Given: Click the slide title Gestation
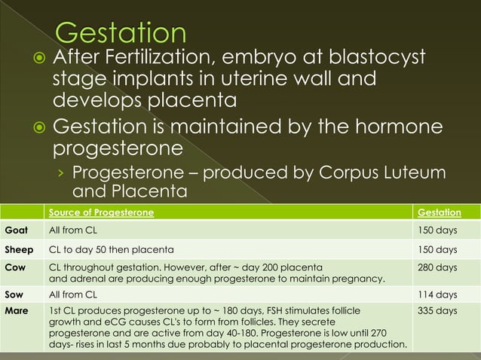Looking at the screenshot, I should [x=121, y=33].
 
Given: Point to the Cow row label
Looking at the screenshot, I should [x=15, y=267].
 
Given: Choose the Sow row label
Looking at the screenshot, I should [x=15, y=294].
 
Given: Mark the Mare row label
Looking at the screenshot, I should [x=17, y=310].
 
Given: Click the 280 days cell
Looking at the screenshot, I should [x=437, y=267].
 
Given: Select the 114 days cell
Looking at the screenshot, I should [x=437, y=294].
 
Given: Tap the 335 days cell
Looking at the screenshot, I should [x=437, y=310].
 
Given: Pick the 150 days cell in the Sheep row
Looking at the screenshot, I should [x=437, y=249].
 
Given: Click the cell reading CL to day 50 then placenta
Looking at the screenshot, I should [x=111, y=249].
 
